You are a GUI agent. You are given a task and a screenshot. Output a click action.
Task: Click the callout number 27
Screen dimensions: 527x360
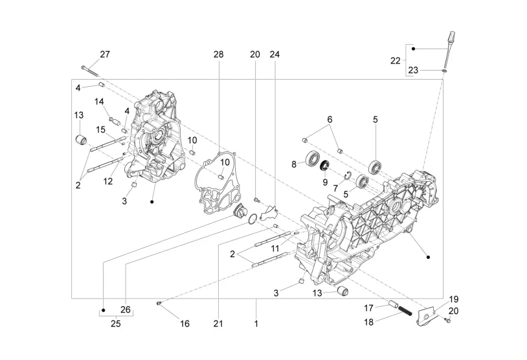point(105,54)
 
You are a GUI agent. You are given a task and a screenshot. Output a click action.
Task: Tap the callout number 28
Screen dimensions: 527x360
point(218,54)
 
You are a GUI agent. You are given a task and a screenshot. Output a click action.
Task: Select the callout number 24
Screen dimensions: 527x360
point(275,54)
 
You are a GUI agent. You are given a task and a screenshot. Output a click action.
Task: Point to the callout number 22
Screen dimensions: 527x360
point(396,61)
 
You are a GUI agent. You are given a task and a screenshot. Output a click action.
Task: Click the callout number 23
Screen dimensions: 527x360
point(413,71)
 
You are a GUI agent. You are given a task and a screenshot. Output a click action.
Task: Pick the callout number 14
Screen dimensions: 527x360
point(99,102)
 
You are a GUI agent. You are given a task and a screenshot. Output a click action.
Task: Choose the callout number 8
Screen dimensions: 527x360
point(294,164)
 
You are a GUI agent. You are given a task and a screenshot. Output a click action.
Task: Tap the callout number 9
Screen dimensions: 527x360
point(325,183)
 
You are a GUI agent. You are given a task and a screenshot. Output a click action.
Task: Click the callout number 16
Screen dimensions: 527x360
point(185,324)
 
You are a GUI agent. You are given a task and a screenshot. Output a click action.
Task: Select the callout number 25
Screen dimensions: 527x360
point(116,324)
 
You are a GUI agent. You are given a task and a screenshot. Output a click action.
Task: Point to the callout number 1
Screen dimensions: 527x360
point(256,324)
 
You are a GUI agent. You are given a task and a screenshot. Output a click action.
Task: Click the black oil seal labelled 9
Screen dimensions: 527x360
point(324,165)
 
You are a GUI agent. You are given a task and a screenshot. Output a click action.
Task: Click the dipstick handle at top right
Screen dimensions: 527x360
point(452,36)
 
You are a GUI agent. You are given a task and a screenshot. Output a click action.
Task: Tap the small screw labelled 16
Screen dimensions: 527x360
point(159,304)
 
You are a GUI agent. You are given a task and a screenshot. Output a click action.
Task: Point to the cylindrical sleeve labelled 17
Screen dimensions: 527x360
point(392,304)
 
